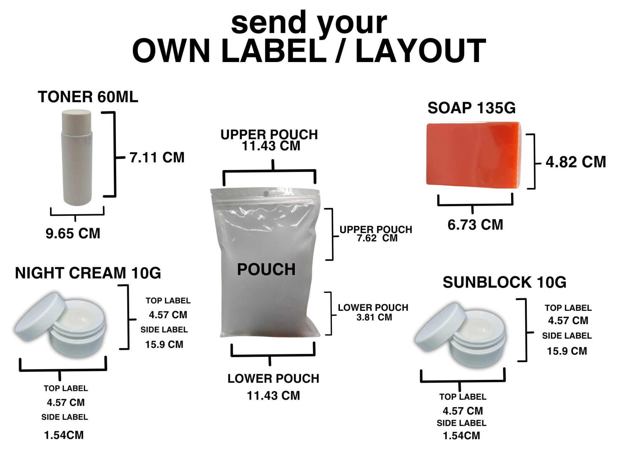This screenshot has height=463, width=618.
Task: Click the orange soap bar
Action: click(x=473, y=154)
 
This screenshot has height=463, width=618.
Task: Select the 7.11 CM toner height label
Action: click(x=157, y=158)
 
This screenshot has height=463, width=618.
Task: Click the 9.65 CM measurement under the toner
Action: click(x=73, y=233)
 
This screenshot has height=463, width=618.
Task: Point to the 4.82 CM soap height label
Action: click(x=576, y=162)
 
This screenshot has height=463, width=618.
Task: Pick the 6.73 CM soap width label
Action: click(x=475, y=224)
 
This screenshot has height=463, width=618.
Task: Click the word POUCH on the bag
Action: click(x=266, y=269)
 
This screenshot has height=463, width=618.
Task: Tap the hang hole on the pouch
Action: click(x=266, y=194)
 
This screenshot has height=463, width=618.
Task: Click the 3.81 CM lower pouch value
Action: click(x=374, y=317)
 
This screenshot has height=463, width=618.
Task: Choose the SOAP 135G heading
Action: click(x=472, y=108)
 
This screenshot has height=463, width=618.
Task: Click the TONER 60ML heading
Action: click(x=88, y=97)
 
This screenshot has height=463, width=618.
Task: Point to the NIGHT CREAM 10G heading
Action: click(x=88, y=273)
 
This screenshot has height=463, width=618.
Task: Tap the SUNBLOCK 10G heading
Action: click(x=504, y=282)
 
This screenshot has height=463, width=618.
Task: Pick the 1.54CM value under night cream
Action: click(x=64, y=435)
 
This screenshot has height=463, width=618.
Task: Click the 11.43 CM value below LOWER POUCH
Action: click(x=273, y=396)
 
